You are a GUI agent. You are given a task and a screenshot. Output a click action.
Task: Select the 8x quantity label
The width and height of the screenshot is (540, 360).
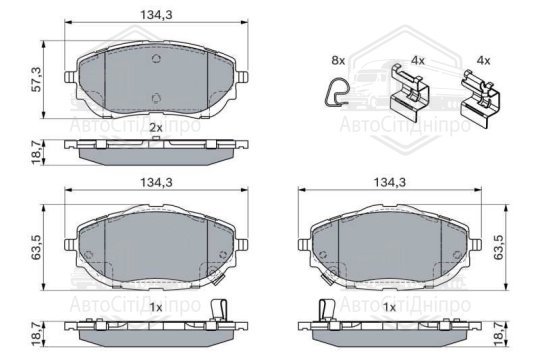tap(337, 62)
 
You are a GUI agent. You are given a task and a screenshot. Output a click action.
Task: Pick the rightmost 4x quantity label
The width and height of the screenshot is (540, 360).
tap(483, 61)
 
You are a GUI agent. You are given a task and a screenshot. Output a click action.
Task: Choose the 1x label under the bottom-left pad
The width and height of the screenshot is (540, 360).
tap(154, 307)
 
